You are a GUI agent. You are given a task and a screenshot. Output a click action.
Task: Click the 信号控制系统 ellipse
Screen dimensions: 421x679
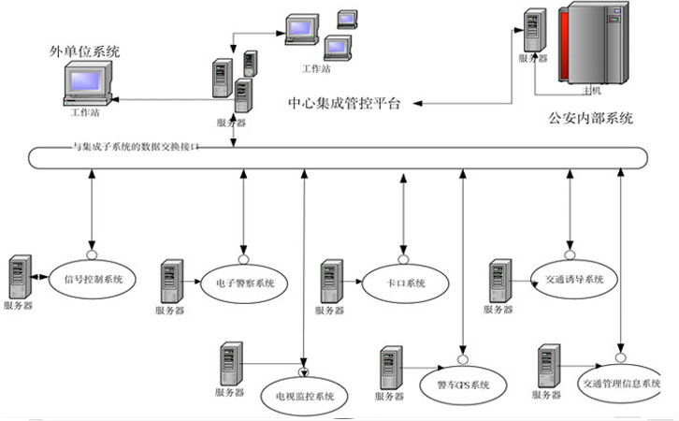coord(94,278)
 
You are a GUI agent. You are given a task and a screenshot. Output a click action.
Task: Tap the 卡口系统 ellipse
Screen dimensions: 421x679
coord(403,282)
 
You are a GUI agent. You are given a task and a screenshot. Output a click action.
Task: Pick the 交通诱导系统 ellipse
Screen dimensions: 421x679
coord(568,279)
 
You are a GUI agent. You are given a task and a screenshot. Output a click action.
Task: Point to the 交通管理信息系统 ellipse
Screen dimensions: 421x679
coord(622,385)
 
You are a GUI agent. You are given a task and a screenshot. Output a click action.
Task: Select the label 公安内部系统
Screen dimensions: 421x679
coord(591,118)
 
